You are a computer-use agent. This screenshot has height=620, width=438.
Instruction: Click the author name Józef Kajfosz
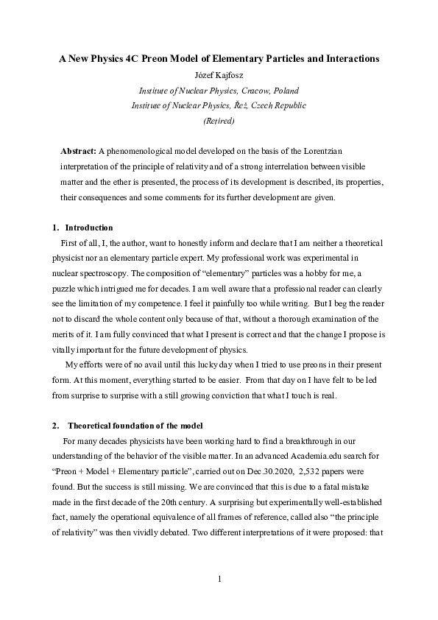219,74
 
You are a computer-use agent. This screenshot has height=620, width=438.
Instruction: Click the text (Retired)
219,121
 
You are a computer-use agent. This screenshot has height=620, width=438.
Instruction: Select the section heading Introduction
89,227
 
